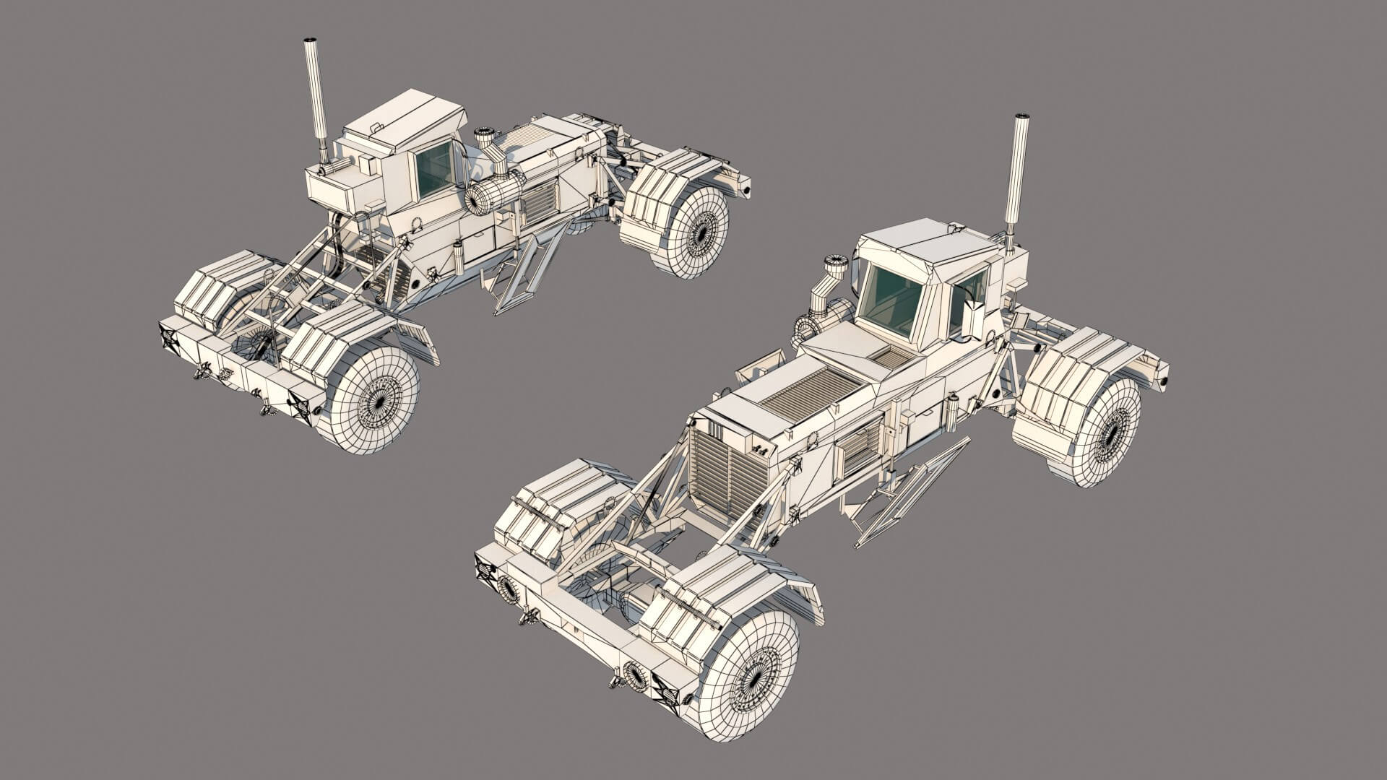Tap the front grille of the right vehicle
(x=727, y=469)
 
